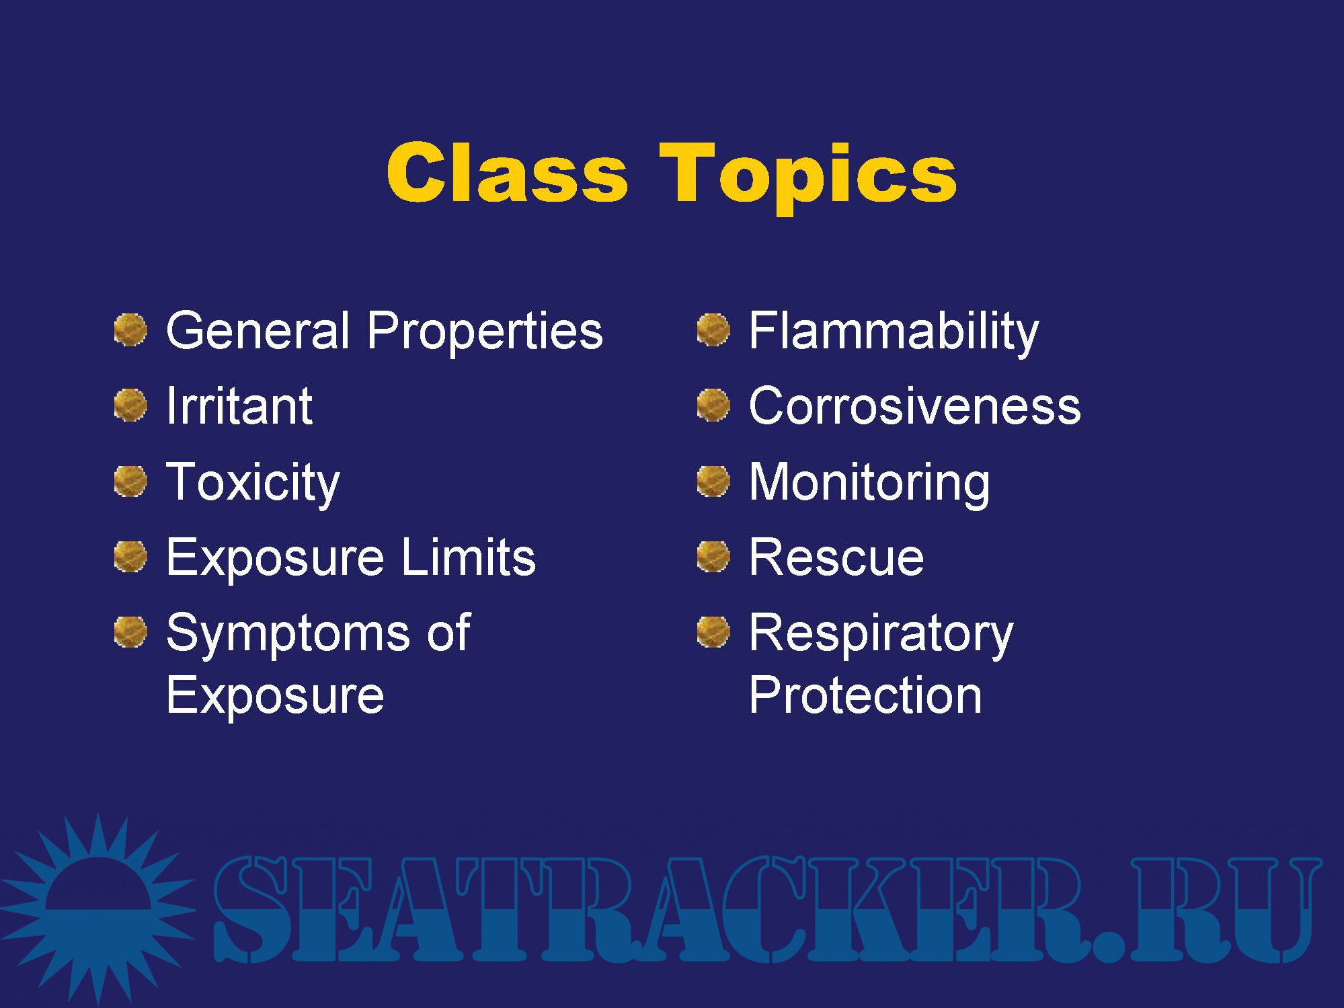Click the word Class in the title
tap(507, 172)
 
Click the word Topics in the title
tap(807, 178)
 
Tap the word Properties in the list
tap(485, 332)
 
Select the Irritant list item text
tap(239, 405)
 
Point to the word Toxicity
tap(253, 483)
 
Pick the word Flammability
tap(894, 332)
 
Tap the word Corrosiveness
tap(914, 406)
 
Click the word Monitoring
tap(869, 483)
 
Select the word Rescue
tap(836, 557)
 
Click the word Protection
tap(865, 695)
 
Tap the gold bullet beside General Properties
tap(130, 330)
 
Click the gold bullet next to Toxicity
tap(130, 481)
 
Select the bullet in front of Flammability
tap(713, 330)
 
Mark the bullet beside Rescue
tap(713, 556)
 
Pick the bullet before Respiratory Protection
tap(713, 632)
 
